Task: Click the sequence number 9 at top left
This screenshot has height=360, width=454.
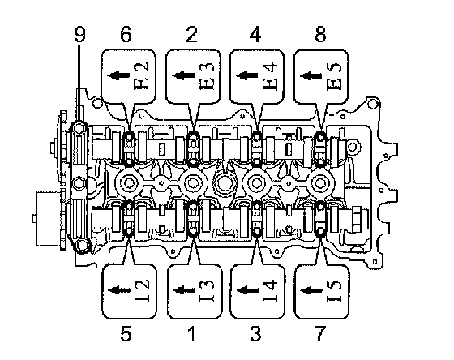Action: click(79, 35)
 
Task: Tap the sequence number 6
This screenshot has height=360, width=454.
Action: click(126, 35)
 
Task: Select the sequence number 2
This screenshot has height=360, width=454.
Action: click(191, 35)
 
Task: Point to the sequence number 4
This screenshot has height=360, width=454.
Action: click(255, 35)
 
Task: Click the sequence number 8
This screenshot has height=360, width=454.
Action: click(320, 35)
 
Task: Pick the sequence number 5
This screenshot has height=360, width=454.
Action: click(126, 333)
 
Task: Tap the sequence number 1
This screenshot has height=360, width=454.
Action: click(191, 333)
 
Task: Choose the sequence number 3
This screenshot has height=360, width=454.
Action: click(255, 333)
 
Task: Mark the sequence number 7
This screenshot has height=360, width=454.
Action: click(320, 333)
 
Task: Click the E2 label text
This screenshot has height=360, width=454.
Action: click(142, 75)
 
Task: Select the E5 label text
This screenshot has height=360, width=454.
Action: click(334, 75)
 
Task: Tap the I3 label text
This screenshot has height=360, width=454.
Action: click(207, 290)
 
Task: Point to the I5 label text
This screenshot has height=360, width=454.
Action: click(334, 290)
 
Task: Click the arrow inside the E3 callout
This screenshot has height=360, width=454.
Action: click(183, 75)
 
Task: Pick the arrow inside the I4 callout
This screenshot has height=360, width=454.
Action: click(247, 290)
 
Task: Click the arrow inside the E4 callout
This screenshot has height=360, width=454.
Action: click(247, 75)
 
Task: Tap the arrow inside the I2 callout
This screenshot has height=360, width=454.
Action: click(119, 290)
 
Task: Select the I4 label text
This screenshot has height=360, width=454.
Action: click(270, 290)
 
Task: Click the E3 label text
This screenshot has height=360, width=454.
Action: click(207, 75)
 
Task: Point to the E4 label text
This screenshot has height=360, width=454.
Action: click(270, 75)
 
